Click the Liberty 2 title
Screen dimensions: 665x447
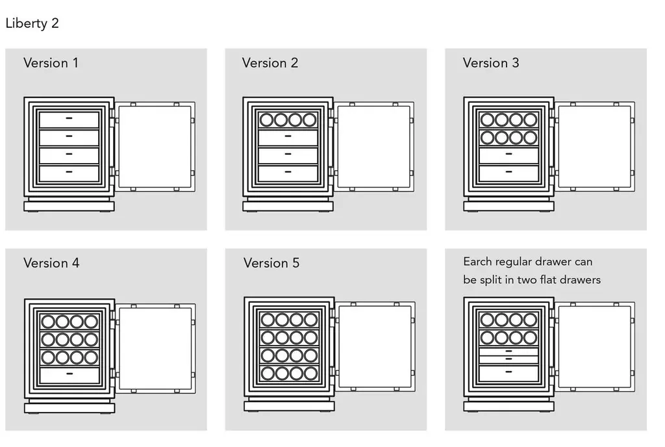click(x=32, y=23)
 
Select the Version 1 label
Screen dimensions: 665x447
click(x=51, y=63)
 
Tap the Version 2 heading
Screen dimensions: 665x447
click(x=270, y=63)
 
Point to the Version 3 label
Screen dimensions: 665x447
click(x=491, y=63)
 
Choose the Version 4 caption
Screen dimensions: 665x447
click(x=51, y=263)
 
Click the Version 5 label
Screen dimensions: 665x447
click(x=271, y=263)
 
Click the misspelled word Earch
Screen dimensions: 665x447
click(x=477, y=262)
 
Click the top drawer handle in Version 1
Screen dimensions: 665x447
click(x=69, y=118)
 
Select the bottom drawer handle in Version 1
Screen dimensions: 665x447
click(x=69, y=172)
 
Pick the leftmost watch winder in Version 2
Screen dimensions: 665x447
click(x=266, y=120)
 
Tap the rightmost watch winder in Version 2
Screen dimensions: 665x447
click(x=310, y=120)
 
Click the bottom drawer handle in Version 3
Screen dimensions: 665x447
click(x=509, y=172)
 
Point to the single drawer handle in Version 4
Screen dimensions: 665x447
click(x=69, y=374)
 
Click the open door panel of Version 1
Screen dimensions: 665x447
click(x=155, y=146)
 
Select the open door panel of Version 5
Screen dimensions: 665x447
click(x=375, y=346)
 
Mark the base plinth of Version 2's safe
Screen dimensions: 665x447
click(x=288, y=207)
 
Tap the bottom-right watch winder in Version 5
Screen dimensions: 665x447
click(x=311, y=373)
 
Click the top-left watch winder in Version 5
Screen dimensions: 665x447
click(x=268, y=320)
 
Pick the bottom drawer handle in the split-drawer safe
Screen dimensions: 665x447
click(x=509, y=372)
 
